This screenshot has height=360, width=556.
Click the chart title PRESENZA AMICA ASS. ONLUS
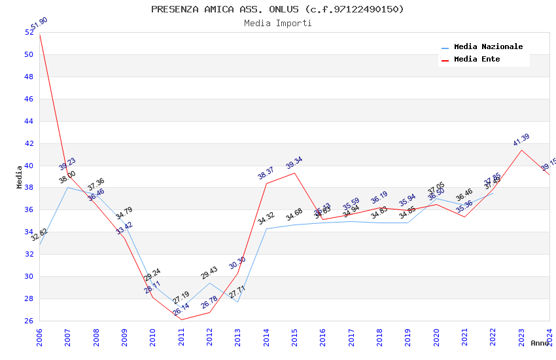point(277,9)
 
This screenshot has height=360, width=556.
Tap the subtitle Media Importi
point(277,23)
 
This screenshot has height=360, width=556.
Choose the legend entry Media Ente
point(477,60)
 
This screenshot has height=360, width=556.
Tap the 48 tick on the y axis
point(29,77)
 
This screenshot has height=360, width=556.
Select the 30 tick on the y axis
point(29,276)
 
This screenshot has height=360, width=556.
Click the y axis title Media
point(20,177)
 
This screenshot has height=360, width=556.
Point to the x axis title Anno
point(540,343)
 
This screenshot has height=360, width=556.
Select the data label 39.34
point(294,163)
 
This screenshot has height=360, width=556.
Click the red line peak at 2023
point(521,150)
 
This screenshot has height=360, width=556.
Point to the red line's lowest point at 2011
point(181,319)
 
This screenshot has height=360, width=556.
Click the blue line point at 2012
point(209,283)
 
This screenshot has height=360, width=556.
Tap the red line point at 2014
point(266,183)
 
